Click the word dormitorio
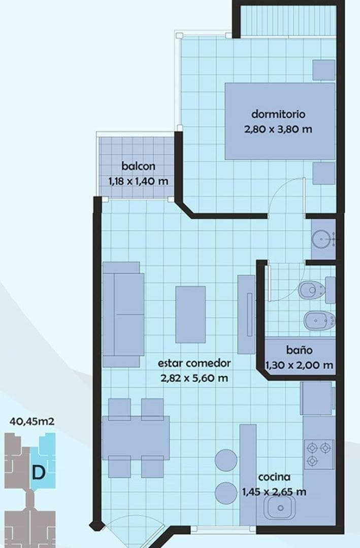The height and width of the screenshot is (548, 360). click(278, 114)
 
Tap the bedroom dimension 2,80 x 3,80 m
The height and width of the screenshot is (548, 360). click(278, 129)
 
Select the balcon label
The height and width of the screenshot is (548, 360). click(138, 166)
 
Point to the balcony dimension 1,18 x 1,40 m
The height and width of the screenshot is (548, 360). click(138, 181)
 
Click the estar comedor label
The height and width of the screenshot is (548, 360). click(194, 363)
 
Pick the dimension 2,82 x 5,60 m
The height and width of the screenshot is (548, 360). click(194, 378)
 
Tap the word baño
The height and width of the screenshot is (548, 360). click(299, 350)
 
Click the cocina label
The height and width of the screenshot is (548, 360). click(274, 477)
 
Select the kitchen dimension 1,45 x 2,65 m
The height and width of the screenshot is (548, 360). click(274, 492)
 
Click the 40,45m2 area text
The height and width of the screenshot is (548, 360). click(32, 421)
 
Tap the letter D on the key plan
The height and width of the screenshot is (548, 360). click(38, 472)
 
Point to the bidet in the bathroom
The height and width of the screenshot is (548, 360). click(319, 320)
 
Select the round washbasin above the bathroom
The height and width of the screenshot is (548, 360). click(321, 238)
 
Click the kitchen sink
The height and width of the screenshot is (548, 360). click(279, 506)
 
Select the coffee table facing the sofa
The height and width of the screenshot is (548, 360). click(190, 314)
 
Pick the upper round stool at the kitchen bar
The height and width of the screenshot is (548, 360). click(226, 460)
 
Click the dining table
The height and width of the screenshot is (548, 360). click(136, 437)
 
